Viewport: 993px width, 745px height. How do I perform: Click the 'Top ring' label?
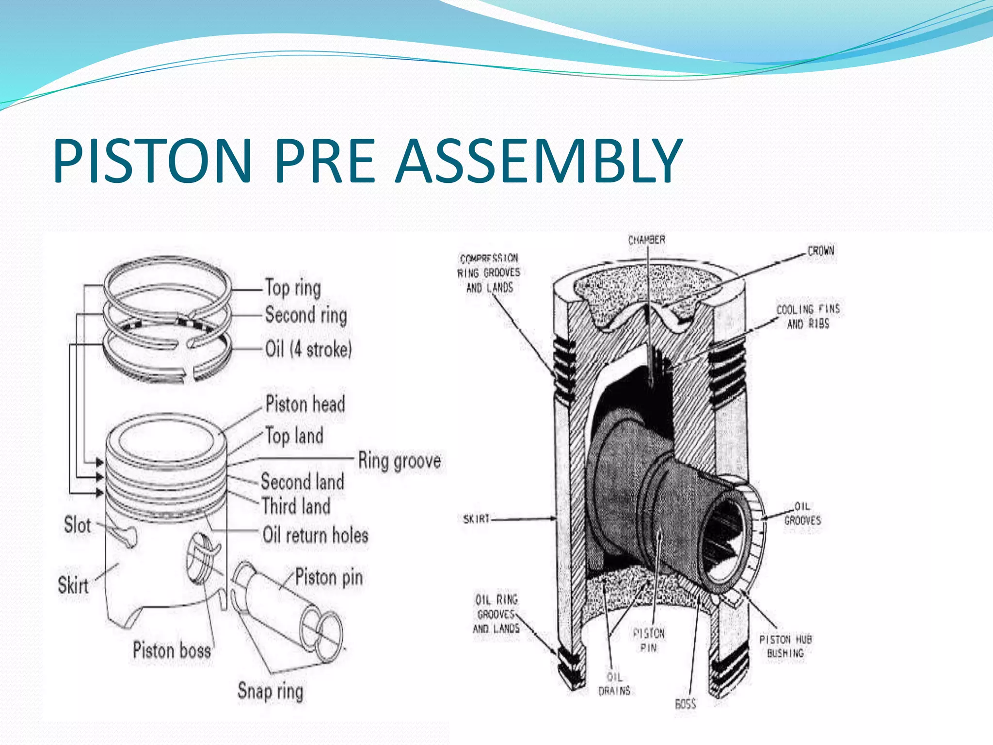293,288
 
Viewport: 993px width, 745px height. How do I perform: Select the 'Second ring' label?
306,315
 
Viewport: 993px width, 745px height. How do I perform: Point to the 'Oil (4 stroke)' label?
308,349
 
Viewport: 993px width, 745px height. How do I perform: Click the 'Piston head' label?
305,404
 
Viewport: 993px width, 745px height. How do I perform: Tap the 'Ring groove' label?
400,460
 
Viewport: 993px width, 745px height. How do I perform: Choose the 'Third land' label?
296,506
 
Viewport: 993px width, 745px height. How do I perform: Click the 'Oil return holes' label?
316,535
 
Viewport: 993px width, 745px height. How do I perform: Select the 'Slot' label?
78,525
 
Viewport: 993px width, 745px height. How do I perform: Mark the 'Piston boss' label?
172,650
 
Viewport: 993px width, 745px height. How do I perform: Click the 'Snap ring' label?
270,691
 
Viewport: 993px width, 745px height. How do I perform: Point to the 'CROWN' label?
820,251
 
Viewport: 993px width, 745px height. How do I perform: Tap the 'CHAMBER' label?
646,240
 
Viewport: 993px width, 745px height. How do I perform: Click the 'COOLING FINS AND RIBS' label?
808,316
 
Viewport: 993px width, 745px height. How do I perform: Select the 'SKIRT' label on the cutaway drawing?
477,519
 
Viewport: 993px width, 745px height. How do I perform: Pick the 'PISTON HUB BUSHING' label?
785,646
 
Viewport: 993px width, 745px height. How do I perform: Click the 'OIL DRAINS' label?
614,683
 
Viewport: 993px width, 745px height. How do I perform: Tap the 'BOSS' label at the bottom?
686,703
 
